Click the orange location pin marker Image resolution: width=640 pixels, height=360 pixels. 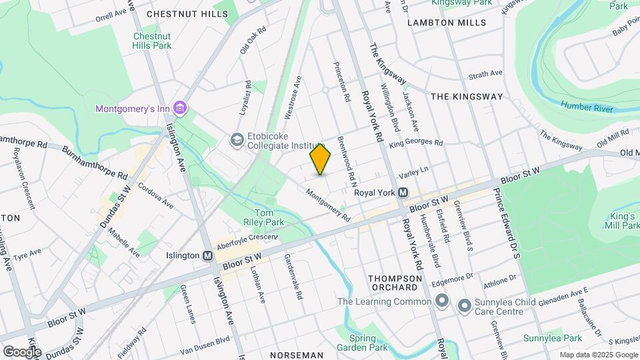(x=320, y=159)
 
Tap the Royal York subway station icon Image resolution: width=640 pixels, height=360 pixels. (x=403, y=193)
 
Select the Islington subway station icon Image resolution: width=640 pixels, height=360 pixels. (x=207, y=255)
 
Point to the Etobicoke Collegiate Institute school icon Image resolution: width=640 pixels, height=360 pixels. (x=236, y=140)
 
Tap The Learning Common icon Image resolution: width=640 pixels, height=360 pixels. (x=441, y=301)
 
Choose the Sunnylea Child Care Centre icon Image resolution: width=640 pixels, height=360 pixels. (x=464, y=306)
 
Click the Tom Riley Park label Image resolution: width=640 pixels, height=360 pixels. (x=257, y=217)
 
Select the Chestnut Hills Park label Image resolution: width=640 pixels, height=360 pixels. (x=152, y=41)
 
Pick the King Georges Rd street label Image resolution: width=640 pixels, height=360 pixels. (x=417, y=143)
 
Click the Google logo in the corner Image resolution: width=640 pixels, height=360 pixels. (x=21, y=351)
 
